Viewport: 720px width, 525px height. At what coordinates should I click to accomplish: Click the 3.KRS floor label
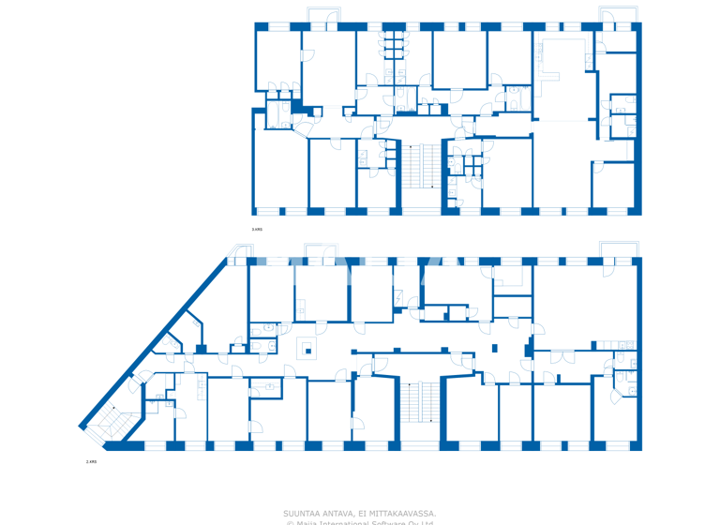pyautogui.click(x=257, y=229)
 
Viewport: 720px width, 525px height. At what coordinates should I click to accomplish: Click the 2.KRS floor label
pyautogui.click(x=91, y=462)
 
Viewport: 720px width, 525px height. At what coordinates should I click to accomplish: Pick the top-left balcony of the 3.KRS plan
pyautogui.click(x=323, y=15)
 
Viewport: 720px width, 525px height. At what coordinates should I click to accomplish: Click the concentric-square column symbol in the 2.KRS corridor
pyautogui.click(x=306, y=350)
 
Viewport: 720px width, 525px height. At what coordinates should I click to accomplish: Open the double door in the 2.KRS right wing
pyautogui.click(x=562, y=357)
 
